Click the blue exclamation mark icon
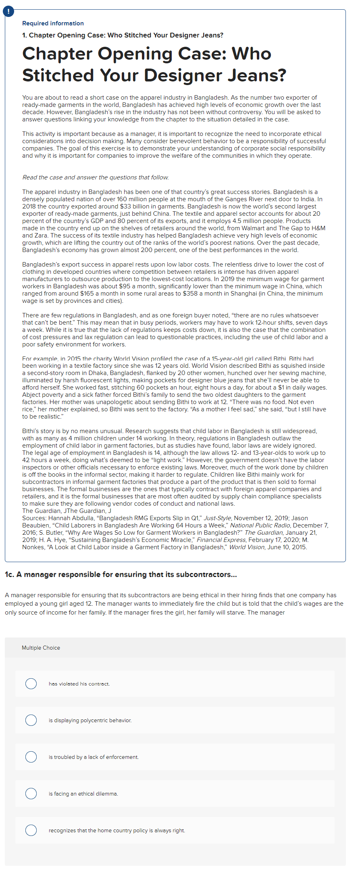click(8, 11)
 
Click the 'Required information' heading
click(53, 23)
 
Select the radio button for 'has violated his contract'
click(31, 683)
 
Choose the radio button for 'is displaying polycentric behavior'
click(31, 720)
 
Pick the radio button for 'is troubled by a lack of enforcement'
click(31, 757)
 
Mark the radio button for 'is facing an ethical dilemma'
click(31, 794)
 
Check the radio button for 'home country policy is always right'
click(31, 830)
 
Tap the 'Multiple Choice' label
click(41, 648)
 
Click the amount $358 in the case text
click(190, 294)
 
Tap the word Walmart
click(254, 228)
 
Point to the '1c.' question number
click(9, 575)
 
